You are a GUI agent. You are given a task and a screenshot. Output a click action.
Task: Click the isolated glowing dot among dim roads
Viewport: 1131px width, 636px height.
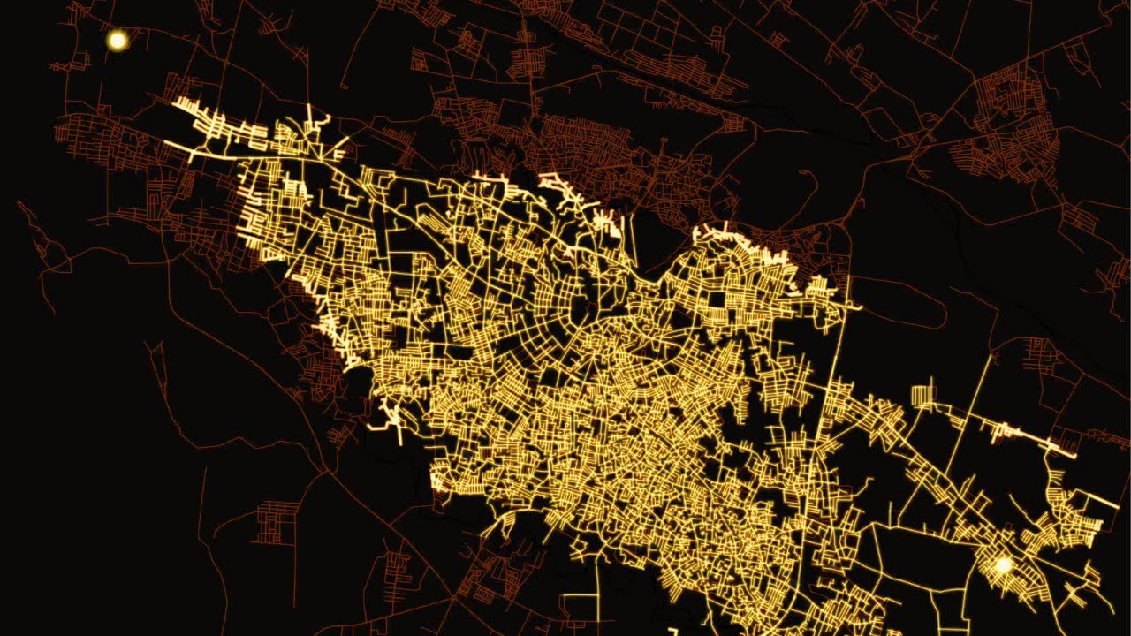pos(117,40)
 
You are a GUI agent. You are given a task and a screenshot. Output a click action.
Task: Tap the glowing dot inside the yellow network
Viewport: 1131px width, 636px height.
pos(1002,564)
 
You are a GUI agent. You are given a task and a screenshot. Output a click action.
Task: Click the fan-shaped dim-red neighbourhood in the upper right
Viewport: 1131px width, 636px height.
pos(1007,141)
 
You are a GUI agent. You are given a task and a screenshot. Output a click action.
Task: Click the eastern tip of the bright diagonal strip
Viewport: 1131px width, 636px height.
pos(1073,454)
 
